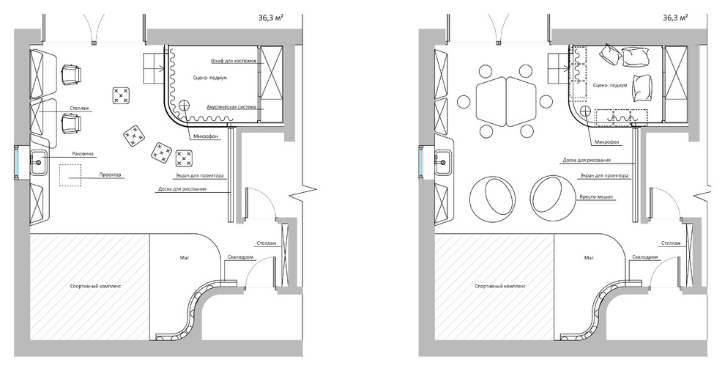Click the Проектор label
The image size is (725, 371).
[111, 175]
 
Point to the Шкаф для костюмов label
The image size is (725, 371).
[234, 62]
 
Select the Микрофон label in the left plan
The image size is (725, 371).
[203, 138]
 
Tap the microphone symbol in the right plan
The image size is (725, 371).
[585, 110]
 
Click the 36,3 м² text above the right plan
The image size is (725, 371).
[676, 17]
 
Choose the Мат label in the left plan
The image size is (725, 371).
[184, 257]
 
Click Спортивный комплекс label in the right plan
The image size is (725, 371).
[497, 286]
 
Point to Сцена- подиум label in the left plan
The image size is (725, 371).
[208, 77]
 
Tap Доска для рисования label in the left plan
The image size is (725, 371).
[181, 189]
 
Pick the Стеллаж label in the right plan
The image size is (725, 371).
[670, 243]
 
